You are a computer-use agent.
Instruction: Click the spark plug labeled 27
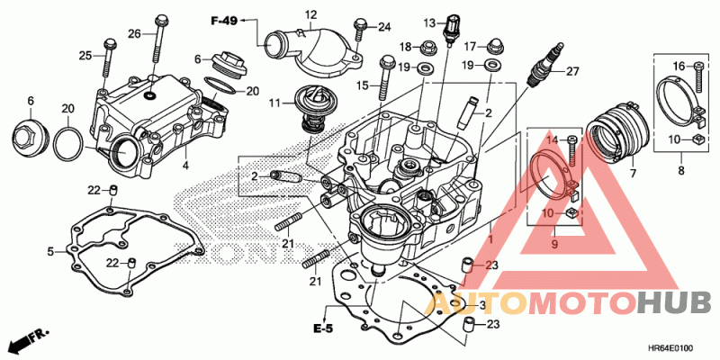(544, 64)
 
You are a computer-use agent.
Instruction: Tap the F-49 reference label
(224, 20)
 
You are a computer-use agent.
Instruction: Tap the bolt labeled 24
(360, 29)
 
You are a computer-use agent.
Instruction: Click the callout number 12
(310, 14)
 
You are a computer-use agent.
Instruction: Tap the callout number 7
(633, 174)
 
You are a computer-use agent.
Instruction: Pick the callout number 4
(185, 166)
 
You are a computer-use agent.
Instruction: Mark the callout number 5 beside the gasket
(50, 252)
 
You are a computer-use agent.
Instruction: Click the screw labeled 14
(572, 150)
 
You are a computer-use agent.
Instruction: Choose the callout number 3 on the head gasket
(482, 306)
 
